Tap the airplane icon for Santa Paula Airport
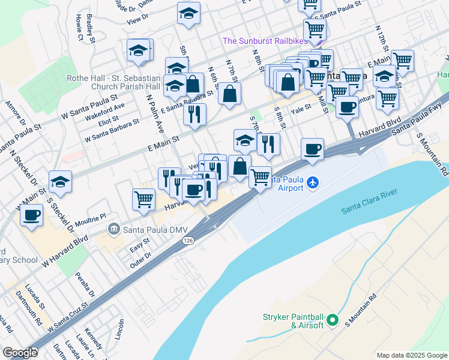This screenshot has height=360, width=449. click(313, 182)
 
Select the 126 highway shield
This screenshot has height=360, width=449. click(188, 239)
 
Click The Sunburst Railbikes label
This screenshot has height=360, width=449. click(265, 41)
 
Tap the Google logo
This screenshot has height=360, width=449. click(20, 353)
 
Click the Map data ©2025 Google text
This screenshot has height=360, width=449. click(411, 355)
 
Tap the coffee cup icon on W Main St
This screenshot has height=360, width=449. click(31, 214)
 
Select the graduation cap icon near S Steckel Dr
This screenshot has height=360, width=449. click(60, 181)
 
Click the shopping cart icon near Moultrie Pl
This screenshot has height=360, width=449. click(144, 199)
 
